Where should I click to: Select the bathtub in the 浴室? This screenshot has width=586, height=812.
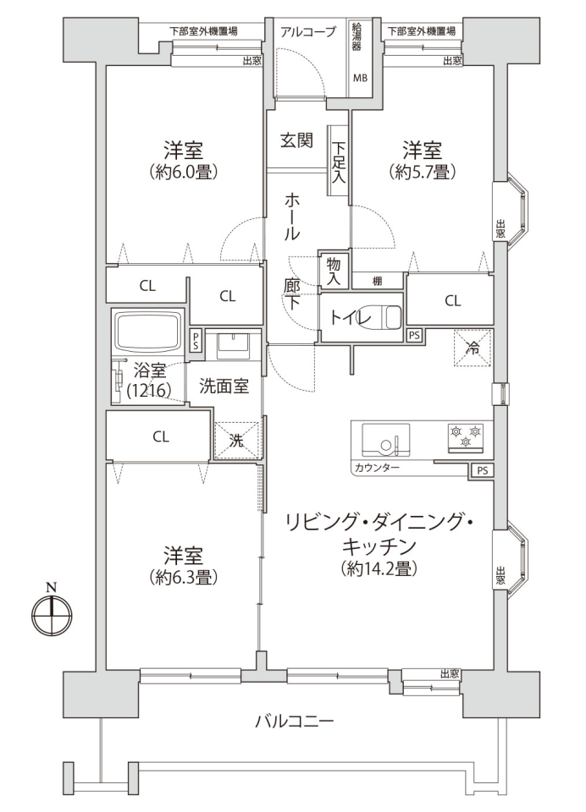(x=148, y=332)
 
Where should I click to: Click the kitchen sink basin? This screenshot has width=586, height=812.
(x=386, y=440)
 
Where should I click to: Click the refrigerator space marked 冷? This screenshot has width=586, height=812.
(x=473, y=348)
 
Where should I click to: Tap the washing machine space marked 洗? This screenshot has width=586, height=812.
(x=236, y=440)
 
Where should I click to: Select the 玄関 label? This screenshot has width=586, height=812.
(x=296, y=140)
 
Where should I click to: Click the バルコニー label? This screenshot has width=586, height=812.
(x=295, y=721)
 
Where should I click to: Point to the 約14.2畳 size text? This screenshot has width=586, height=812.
(x=379, y=568)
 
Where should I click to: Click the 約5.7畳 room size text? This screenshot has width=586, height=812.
(x=423, y=172)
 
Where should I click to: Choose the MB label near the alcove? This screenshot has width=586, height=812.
(x=360, y=78)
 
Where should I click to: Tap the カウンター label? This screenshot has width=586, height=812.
(x=377, y=468)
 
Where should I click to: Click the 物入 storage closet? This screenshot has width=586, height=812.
(x=334, y=271)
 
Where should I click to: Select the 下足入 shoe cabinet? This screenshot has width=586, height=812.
(x=339, y=161)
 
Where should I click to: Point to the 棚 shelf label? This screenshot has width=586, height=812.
(x=378, y=281)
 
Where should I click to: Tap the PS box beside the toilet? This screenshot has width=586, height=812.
(x=414, y=335)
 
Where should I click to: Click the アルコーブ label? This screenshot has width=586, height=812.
(x=308, y=31)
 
